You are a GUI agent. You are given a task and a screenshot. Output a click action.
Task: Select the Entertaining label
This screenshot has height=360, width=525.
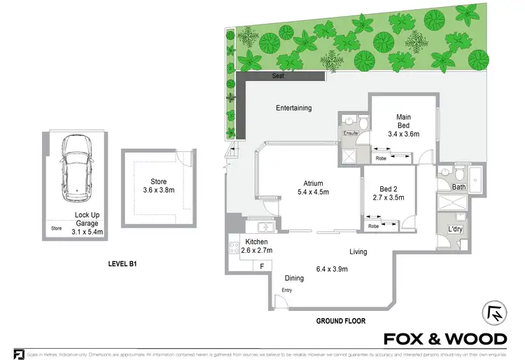point(293,108)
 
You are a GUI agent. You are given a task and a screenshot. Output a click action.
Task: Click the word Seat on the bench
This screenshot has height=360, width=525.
point(278,76)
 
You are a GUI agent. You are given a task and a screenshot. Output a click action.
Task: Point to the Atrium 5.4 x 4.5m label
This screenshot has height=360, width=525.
point(313,187)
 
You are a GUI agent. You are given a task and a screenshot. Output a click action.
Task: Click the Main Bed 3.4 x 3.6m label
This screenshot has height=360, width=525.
point(402,125)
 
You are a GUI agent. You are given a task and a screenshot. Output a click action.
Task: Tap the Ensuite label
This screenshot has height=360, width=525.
point(350,132)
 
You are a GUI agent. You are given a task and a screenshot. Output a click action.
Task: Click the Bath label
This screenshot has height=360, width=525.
point(458,187)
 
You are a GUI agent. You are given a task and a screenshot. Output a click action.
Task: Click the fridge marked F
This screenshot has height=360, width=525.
point(262,266)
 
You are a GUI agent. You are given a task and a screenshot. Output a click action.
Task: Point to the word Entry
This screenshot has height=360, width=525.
point(287,290)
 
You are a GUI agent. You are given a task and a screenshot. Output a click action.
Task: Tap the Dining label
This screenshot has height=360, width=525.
point(294,278)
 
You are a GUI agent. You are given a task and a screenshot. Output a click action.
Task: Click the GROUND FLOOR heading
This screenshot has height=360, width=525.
point(341,321)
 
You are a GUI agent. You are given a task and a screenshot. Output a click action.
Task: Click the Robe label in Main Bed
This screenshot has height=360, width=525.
point(381,158)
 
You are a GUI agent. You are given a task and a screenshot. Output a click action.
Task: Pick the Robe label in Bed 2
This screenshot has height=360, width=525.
point(374,226)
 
